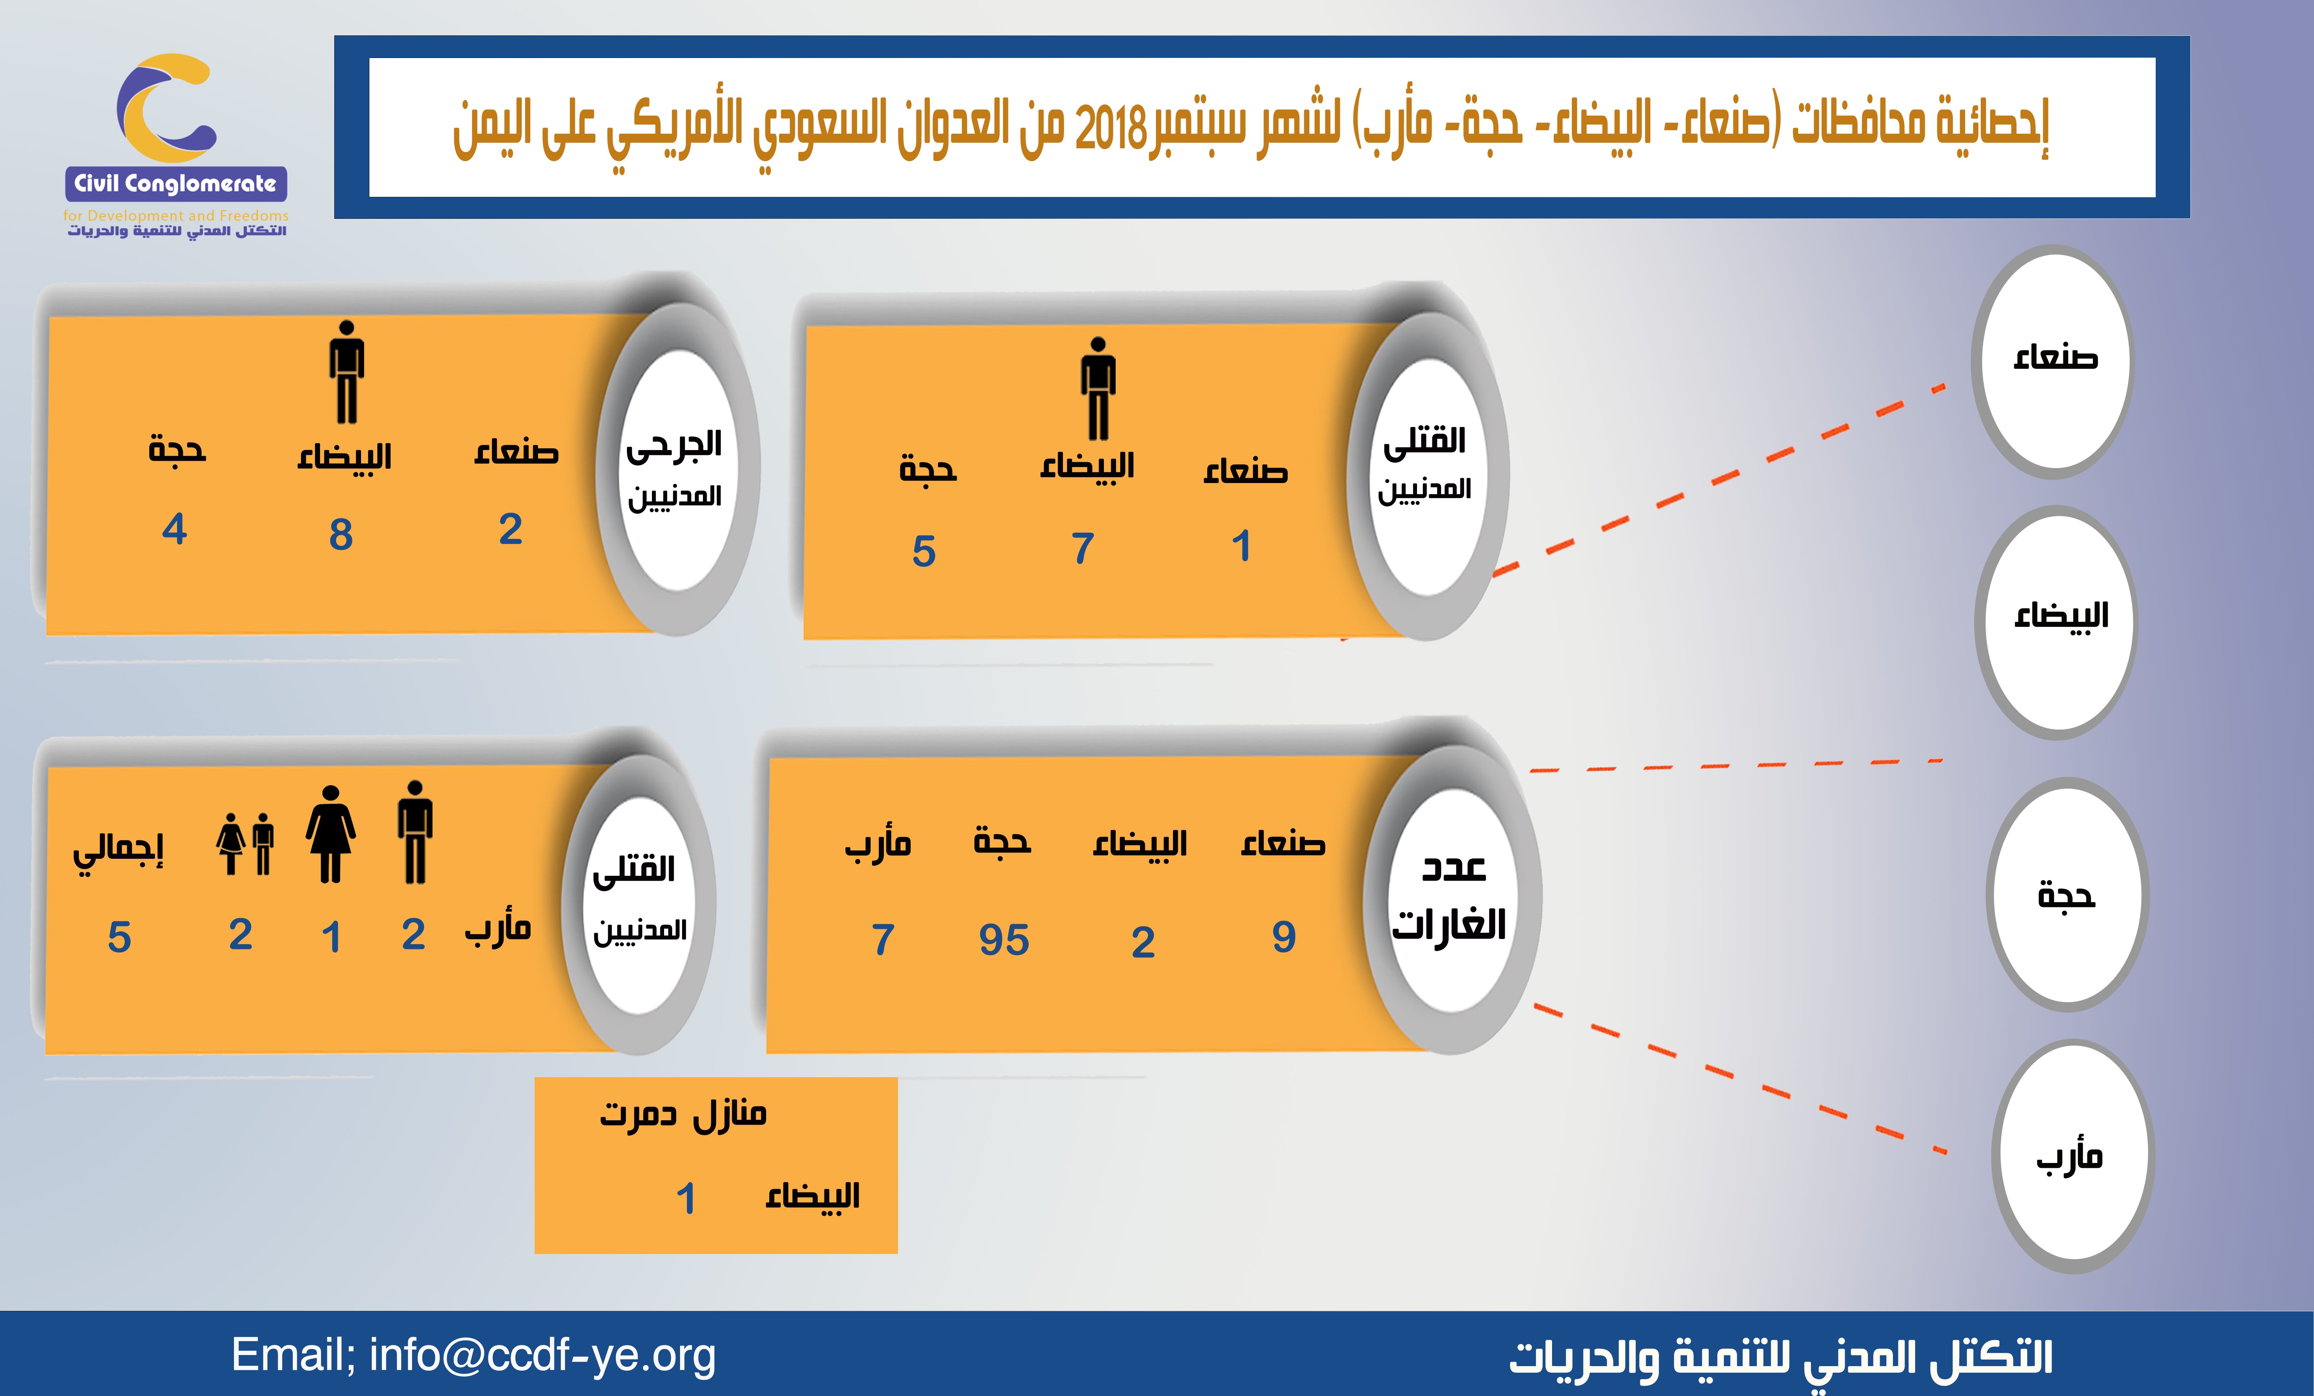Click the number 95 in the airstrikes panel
coord(1004,939)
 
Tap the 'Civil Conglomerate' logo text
coord(176,183)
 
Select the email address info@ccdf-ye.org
coord(543,1355)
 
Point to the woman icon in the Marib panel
coord(330,833)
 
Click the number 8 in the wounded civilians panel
coord(341,534)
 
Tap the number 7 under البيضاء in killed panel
coord(1083,549)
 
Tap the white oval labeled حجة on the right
coord(2067,895)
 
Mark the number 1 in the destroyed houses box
coord(687,1199)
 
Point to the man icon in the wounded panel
coord(346,372)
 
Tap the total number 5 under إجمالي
coord(119,938)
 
